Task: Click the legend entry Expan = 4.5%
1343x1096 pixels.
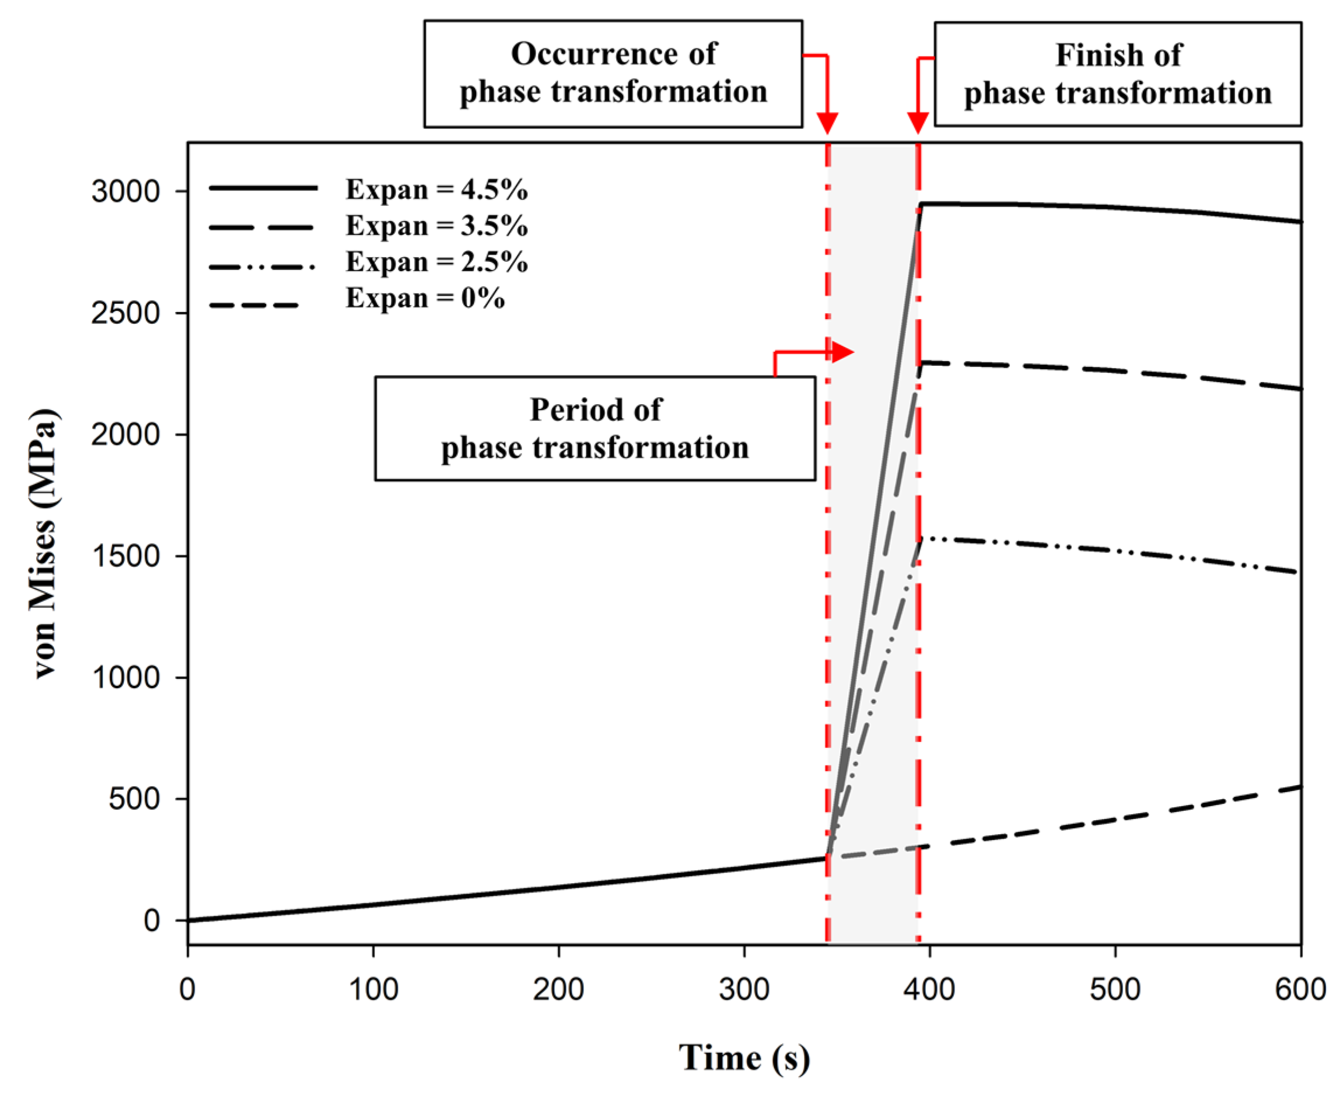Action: click(x=436, y=190)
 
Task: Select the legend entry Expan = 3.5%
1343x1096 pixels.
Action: click(x=436, y=226)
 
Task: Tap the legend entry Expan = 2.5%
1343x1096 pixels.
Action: click(x=436, y=262)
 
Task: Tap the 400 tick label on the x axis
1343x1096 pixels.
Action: click(x=929, y=989)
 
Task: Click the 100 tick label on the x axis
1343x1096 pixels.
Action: click(x=373, y=989)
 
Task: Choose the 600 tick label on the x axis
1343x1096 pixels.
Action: click(x=1300, y=989)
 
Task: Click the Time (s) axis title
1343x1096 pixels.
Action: click(x=744, y=1058)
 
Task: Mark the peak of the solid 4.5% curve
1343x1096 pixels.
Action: click(x=921, y=204)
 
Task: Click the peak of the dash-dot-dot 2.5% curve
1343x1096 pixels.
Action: click(x=922, y=538)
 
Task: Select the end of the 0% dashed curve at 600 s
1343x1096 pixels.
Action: click(x=1299, y=787)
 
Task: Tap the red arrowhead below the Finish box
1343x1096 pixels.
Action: click(x=918, y=122)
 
